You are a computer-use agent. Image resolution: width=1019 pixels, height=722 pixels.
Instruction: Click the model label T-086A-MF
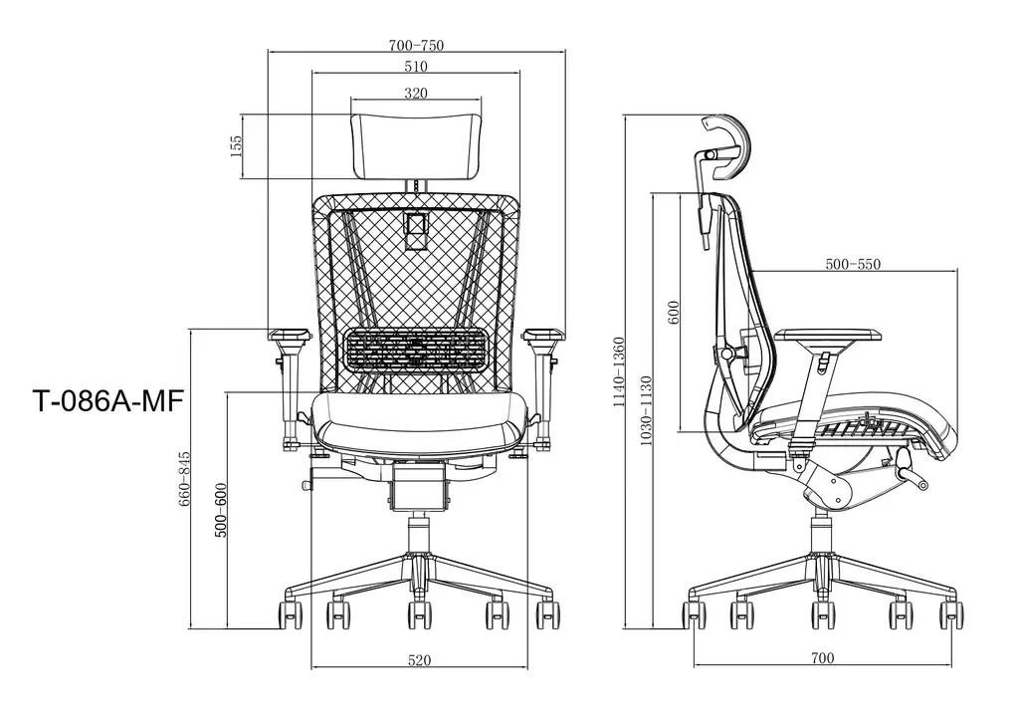(106, 400)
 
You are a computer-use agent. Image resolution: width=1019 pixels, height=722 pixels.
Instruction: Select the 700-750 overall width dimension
(416, 46)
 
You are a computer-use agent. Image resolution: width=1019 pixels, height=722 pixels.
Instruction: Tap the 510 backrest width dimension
(416, 68)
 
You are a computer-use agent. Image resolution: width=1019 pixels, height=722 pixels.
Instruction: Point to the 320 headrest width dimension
(416, 94)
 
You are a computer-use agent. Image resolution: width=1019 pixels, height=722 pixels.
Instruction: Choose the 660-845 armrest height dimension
(184, 480)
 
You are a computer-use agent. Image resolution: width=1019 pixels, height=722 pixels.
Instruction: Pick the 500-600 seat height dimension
(221, 511)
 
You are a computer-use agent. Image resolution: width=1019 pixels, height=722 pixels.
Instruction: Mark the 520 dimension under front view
(419, 660)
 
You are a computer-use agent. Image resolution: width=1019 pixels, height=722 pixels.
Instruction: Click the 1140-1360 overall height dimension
(619, 372)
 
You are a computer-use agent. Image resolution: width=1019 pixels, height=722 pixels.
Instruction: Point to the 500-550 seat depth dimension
(854, 264)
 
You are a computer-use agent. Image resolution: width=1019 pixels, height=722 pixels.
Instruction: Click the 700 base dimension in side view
(822, 658)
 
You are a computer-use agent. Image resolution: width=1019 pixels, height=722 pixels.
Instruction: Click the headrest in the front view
(416, 145)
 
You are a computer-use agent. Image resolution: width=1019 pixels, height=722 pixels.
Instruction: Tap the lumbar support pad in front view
(417, 350)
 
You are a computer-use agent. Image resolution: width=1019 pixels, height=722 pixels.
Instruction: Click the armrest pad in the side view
(827, 337)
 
